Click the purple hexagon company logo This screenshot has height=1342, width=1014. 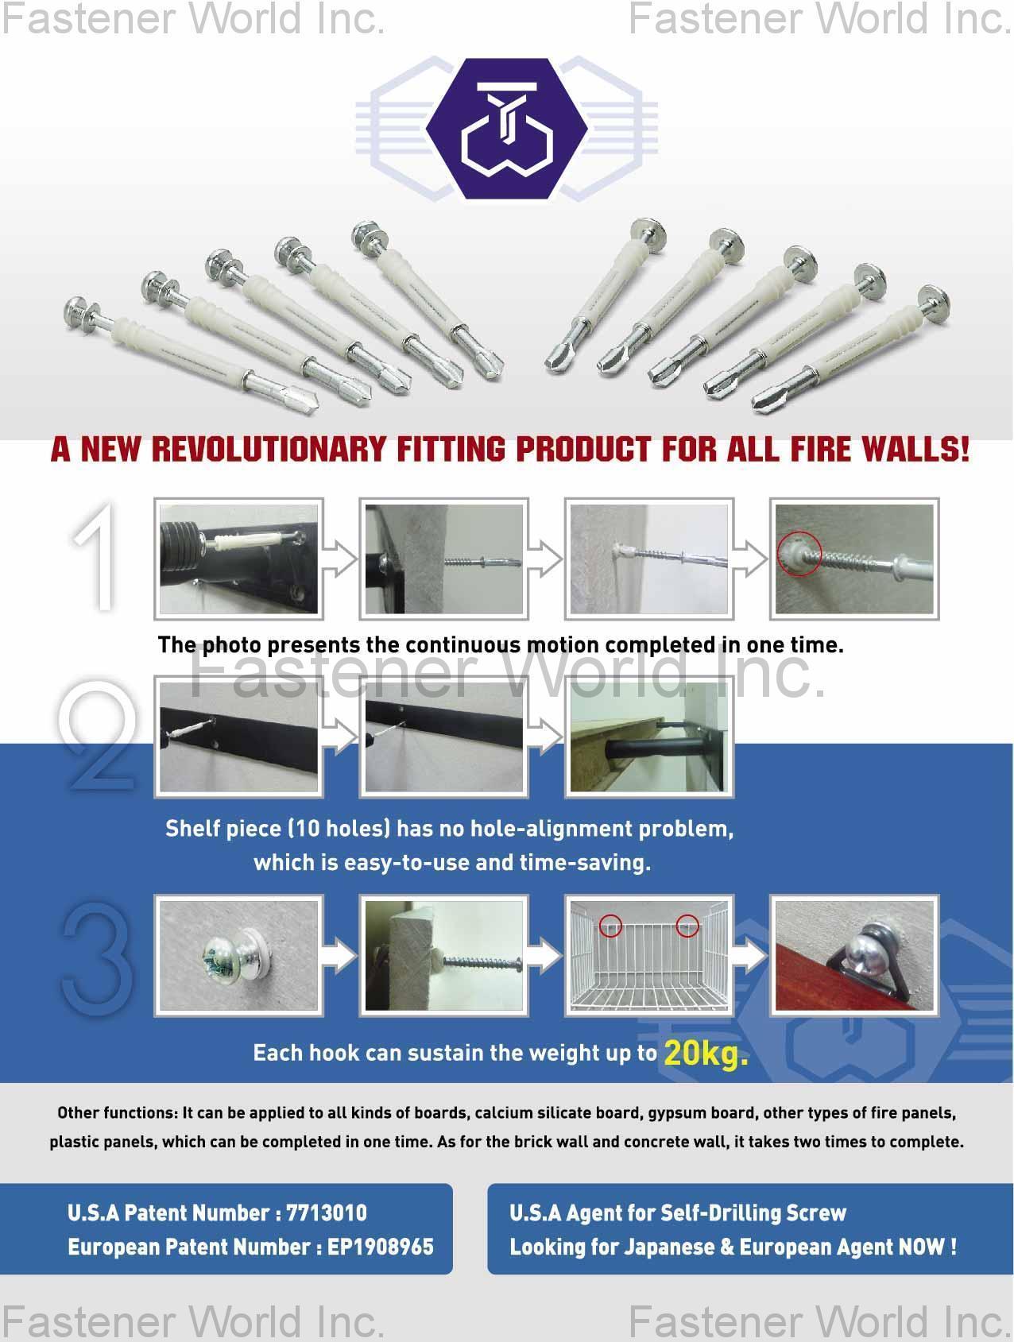tap(507, 127)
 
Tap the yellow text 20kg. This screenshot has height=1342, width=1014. tap(706, 1053)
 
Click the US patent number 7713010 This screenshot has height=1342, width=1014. tap(327, 1212)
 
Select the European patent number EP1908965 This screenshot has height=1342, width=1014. tap(381, 1247)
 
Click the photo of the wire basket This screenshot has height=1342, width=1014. tap(648, 955)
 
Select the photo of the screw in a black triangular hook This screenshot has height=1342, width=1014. tap(853, 955)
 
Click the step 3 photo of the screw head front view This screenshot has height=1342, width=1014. tap(238, 955)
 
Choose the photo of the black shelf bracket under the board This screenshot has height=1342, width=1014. tap(648, 737)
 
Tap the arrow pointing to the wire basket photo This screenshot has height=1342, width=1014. tap(545, 955)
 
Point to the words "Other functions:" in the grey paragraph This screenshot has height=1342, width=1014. tap(118, 1112)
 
